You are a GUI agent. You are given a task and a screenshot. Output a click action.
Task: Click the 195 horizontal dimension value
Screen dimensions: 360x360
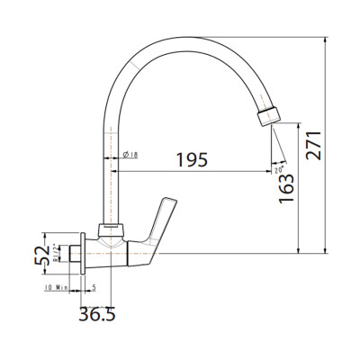coord(191,159)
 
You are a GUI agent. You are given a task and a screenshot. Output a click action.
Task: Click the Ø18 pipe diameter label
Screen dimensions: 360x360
coord(130,156)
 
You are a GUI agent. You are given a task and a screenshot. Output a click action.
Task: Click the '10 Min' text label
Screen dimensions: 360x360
coord(57,287)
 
